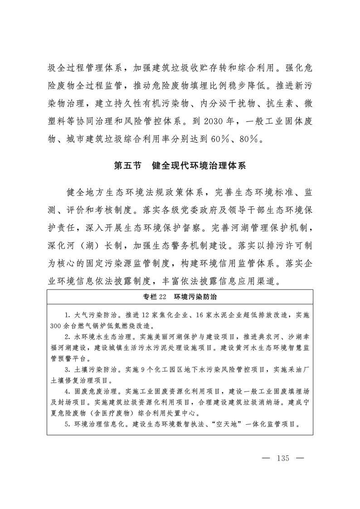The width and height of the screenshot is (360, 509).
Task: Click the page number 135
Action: point(282,458)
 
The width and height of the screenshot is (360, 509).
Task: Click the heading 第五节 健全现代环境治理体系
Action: point(180,165)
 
